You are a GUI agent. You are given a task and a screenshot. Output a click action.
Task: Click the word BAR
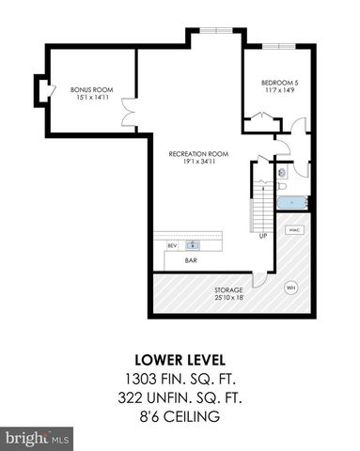191,260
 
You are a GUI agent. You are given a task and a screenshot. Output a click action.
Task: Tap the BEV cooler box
172,246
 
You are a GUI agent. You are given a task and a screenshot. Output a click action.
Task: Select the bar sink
193,245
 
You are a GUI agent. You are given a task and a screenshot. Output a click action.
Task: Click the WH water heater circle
290,288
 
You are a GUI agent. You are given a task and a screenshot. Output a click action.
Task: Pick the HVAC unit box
293,228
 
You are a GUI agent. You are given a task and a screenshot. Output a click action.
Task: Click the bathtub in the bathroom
292,201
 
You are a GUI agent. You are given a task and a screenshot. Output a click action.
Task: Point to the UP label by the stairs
263,236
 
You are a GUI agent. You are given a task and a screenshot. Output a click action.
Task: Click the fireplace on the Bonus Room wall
39,89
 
